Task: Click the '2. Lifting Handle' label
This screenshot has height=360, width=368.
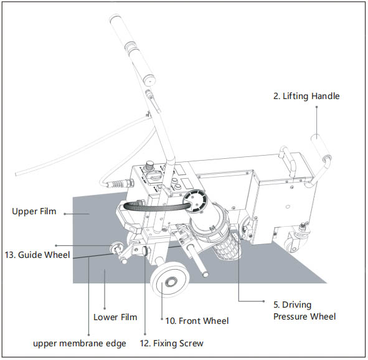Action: coord(306,96)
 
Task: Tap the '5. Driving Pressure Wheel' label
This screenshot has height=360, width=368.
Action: coord(304,310)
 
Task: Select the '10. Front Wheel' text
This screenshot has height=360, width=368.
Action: coord(197,321)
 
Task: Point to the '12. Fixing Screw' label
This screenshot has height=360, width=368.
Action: coord(172,343)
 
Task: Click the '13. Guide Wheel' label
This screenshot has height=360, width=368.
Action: coord(37,255)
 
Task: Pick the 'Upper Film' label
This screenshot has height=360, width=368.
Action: coord(34,211)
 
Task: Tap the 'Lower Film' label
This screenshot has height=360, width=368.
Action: coord(115,317)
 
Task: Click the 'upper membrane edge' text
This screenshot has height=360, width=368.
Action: coord(80,344)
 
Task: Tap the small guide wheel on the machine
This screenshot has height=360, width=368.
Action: coord(116,249)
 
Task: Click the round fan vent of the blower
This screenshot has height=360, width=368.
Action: coord(196,201)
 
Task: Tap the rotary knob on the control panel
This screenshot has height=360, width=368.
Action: coord(149,165)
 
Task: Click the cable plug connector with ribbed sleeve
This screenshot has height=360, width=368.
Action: coord(120,183)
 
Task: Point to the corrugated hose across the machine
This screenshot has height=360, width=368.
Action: coord(155,206)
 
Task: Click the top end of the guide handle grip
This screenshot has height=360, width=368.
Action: coord(115,17)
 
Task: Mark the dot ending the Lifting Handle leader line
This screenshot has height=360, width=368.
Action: coord(316,107)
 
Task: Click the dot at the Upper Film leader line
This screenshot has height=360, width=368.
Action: coord(65,214)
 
